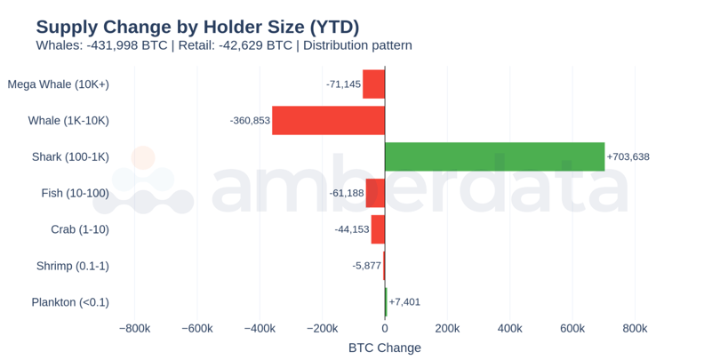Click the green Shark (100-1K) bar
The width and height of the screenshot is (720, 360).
pyautogui.click(x=494, y=156)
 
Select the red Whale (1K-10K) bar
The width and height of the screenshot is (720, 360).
pyautogui.click(x=328, y=120)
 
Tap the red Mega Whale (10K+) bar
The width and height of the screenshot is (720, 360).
pyautogui.click(x=373, y=84)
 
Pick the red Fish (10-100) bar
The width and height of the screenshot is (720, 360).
pyautogui.click(x=375, y=193)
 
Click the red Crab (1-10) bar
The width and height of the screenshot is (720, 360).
pyautogui.click(x=378, y=229)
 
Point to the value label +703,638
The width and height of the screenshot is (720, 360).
pyautogui.click(x=628, y=156)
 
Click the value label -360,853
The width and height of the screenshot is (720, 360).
pyautogui.click(x=250, y=120)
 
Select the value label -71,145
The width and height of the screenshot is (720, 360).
pyautogui.click(x=343, y=84)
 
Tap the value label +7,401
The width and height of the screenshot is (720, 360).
pyautogui.click(x=404, y=302)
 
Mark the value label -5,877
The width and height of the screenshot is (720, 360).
pyautogui.click(x=366, y=266)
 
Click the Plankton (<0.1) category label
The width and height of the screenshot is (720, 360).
pyautogui.click(x=70, y=302)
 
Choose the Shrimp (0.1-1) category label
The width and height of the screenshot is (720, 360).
pyautogui.click(x=73, y=266)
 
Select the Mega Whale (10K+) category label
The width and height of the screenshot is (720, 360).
pyautogui.click(x=58, y=84)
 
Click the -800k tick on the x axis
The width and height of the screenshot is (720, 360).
pyautogui.click(x=134, y=328)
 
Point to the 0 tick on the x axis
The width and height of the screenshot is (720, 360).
pyautogui.click(x=385, y=328)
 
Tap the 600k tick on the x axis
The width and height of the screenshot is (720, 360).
pyautogui.click(x=572, y=328)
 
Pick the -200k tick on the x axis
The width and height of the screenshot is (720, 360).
pyautogui.click(x=322, y=328)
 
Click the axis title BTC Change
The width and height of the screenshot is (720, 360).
pyautogui.click(x=385, y=348)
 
